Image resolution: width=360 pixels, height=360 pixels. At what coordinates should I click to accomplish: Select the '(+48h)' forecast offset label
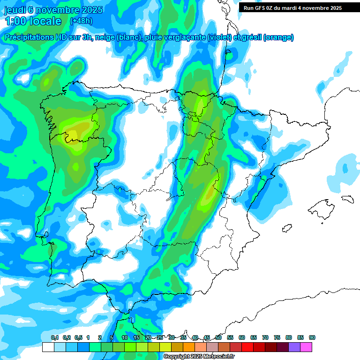tap(81, 21)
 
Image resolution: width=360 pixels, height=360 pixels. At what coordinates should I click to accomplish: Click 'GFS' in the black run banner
tap(262, 8)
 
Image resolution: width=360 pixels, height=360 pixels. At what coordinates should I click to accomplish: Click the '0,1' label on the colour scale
tap(55, 337)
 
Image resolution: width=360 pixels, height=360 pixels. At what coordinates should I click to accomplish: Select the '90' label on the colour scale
tap(312, 337)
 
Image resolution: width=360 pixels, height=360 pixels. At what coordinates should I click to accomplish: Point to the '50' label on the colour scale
tap(218, 337)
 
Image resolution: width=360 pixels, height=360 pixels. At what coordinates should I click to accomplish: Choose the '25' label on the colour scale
tap(160, 337)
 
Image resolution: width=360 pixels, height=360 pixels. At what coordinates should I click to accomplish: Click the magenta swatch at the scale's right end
tap(306, 347)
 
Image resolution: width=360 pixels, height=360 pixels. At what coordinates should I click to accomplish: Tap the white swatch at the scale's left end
tap(48, 347)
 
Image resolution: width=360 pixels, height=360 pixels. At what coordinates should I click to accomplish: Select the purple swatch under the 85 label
tap(294, 347)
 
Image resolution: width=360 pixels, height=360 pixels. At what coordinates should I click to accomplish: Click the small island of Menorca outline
tap(347, 199)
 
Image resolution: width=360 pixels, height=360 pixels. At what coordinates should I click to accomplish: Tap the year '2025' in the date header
tap(89, 10)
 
